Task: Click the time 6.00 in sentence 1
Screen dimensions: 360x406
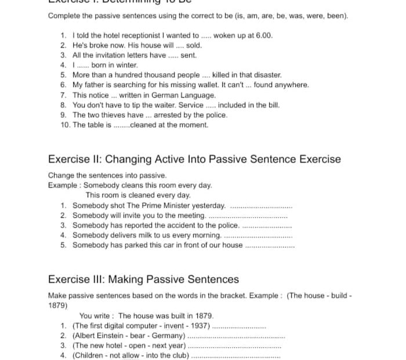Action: tap(264, 35)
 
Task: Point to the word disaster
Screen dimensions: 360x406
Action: tap(267, 75)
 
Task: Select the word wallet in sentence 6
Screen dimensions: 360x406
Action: tap(244, 85)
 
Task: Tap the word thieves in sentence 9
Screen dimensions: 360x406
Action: tap(113, 115)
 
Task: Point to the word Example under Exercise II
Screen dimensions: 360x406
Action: tap(62, 185)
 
